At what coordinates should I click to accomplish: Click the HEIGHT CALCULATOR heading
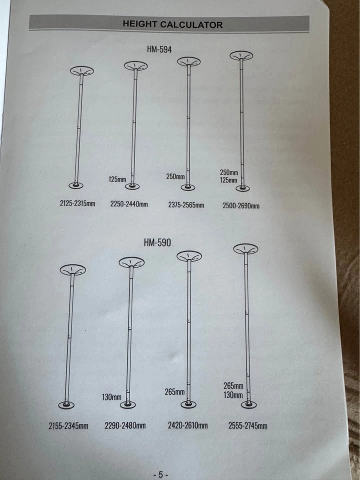[172, 24]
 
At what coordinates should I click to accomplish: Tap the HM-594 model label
[159, 49]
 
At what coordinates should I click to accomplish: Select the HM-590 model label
[157, 242]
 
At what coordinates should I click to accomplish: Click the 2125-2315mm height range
[77, 203]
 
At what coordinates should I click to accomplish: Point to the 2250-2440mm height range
[129, 204]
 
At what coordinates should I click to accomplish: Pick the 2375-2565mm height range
[186, 205]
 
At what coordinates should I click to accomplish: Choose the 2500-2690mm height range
[241, 205]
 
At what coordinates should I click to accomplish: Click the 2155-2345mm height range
[68, 426]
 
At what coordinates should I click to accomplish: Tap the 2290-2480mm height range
[125, 425]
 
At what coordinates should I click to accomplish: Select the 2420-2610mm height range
[187, 425]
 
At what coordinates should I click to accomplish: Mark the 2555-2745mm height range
[247, 426]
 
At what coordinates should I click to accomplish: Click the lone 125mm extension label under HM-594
[117, 179]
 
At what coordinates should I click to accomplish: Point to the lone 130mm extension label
[111, 397]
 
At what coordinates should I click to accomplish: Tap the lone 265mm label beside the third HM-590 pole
[175, 392]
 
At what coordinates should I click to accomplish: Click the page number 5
[160, 475]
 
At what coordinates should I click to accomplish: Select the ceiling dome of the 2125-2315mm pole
[81, 71]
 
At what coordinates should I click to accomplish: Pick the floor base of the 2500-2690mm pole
[243, 188]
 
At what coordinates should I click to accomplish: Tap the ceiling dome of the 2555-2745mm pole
[245, 249]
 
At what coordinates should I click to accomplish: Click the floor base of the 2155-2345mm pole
[66, 405]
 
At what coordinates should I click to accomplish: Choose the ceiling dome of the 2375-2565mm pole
[189, 61]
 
